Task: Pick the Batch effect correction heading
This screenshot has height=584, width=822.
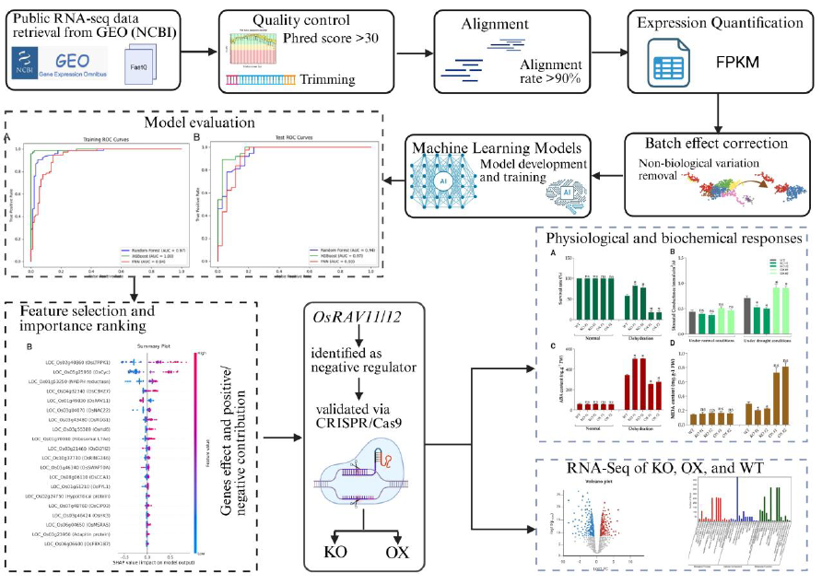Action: [x=717, y=144]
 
